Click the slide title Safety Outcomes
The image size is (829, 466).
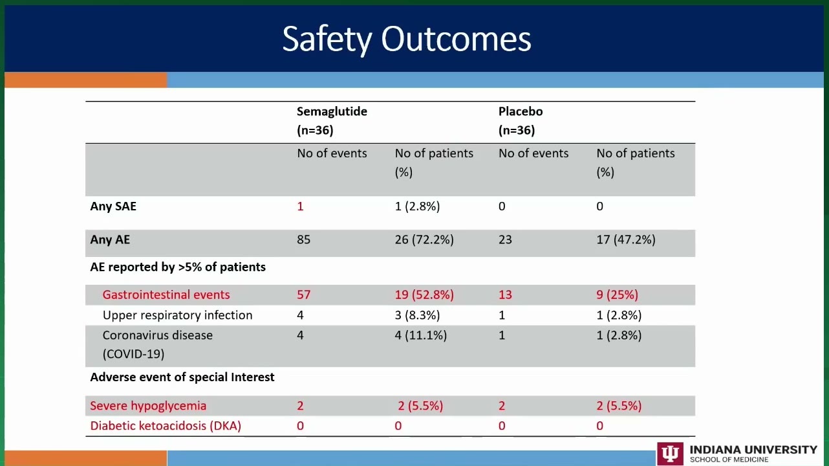point(406,39)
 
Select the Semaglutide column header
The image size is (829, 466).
point(332,121)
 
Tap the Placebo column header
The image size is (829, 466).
point(521,121)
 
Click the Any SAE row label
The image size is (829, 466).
point(113,206)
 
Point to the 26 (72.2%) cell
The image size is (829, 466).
point(424,239)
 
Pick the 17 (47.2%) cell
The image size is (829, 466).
point(626,239)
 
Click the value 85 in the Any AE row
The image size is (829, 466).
point(303,239)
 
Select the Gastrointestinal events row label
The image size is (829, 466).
point(166,295)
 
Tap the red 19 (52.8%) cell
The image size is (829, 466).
point(424,295)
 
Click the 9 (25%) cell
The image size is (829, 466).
point(618,295)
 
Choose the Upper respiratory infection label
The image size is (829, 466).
point(177,315)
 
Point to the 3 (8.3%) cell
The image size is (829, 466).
point(418,315)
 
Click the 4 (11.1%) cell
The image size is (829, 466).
point(421,335)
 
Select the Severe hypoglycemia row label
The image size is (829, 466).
point(148,406)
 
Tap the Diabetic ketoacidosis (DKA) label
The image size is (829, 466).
point(166,426)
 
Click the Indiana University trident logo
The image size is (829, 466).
point(670,454)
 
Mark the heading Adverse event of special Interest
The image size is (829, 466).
point(182,377)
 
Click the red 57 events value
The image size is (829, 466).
point(303,295)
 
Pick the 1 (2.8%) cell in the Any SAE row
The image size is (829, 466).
point(418,206)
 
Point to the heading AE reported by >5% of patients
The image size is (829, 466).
point(178,267)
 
